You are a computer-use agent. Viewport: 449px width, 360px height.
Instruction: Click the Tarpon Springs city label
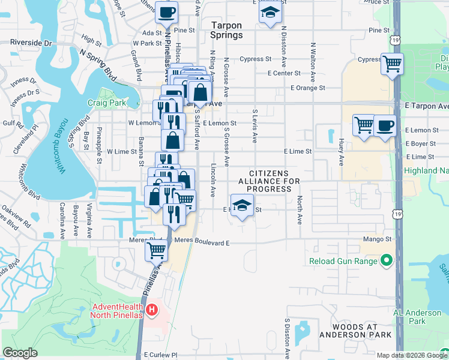click(x=227, y=30)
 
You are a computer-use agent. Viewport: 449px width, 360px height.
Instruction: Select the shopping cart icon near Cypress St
click(x=392, y=63)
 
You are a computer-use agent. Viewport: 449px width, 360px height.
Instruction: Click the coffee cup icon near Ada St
click(x=166, y=11)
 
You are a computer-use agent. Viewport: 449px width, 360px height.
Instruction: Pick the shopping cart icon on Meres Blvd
click(x=156, y=251)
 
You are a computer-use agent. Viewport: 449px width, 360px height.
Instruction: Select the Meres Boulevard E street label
click(x=203, y=242)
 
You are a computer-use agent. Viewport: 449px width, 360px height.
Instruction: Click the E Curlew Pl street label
click(x=161, y=355)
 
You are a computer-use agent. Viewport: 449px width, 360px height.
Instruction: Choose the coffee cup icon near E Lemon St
click(x=385, y=126)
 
